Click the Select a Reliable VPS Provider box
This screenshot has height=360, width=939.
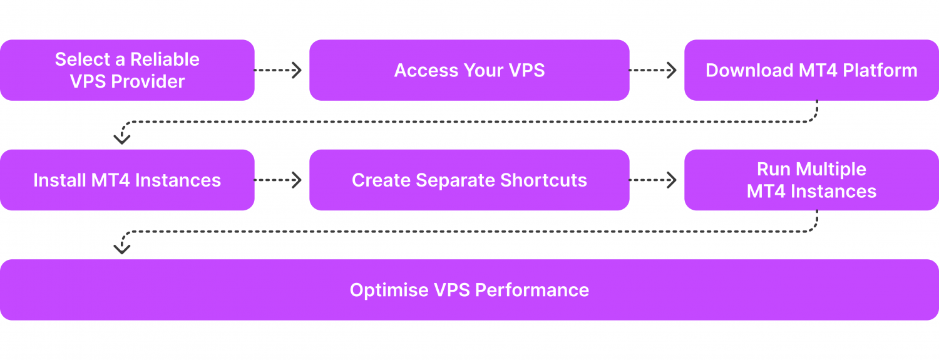[x=127, y=70]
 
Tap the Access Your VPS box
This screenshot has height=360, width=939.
[x=469, y=70]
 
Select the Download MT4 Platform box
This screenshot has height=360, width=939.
[x=811, y=70]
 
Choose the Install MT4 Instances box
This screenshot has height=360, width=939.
[x=127, y=180]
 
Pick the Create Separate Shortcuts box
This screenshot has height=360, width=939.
[x=469, y=180]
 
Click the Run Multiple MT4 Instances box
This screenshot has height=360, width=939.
[x=811, y=180]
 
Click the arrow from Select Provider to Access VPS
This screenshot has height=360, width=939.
[x=279, y=70]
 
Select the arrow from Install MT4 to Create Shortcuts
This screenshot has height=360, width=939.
[x=279, y=180]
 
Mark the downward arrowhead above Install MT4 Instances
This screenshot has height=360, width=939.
[x=121, y=138]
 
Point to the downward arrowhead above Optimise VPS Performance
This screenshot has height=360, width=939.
[x=121, y=249]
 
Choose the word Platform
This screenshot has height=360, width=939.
[x=880, y=70]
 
